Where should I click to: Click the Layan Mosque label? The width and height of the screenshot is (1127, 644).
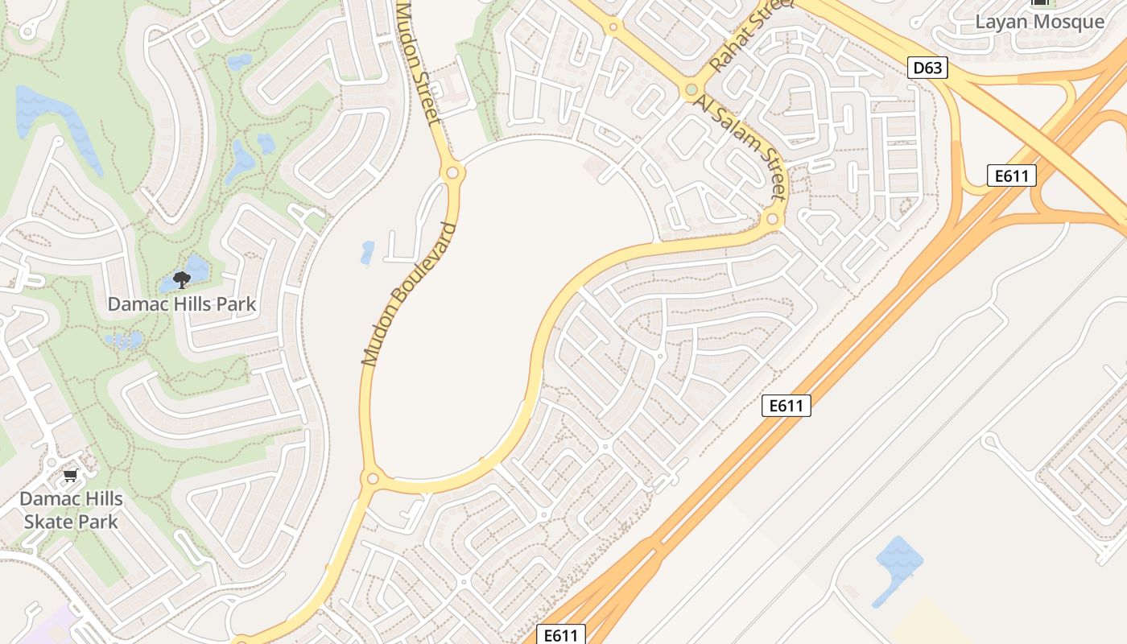click(1039, 22)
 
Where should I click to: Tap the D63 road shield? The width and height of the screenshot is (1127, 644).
click(927, 68)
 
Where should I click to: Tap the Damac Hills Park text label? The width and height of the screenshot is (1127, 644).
click(182, 304)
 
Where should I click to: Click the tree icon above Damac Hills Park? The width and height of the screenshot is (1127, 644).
click(182, 279)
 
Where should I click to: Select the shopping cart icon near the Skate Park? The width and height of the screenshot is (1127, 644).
click(71, 475)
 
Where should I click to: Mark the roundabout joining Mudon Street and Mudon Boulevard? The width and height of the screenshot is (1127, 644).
click(452, 172)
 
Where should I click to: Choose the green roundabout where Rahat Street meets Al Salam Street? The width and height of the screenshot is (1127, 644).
click(691, 89)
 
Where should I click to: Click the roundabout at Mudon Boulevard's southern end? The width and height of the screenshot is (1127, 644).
click(372, 479)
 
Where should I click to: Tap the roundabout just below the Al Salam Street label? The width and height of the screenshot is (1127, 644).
click(772, 219)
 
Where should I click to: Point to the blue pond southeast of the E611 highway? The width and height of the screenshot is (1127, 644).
click(897, 563)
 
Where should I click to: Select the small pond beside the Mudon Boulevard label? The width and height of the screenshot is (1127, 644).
click(368, 253)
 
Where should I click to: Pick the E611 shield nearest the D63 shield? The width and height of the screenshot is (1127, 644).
click(1011, 175)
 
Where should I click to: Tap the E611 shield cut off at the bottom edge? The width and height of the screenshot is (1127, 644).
click(561, 635)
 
